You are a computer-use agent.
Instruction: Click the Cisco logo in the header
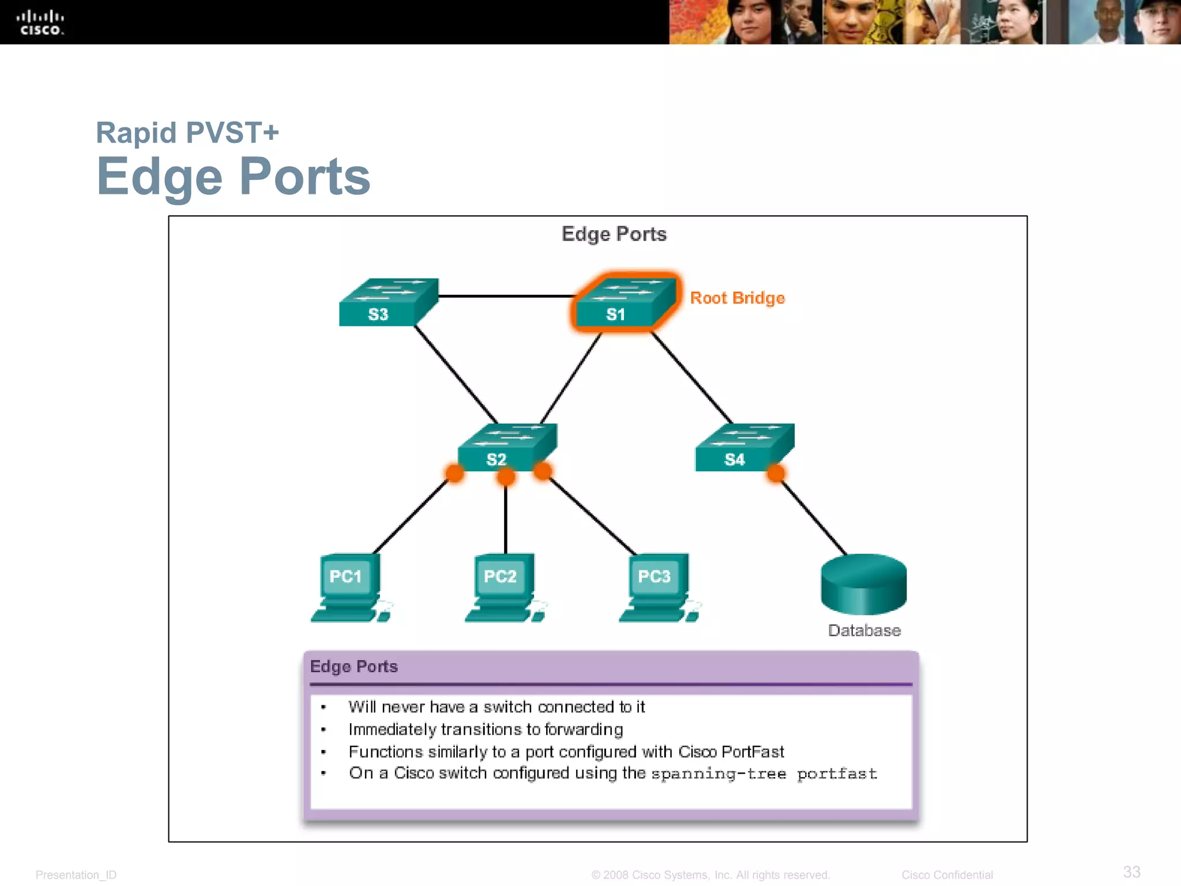[40, 22]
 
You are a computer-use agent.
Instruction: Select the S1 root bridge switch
[625, 303]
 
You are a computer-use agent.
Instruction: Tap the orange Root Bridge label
[737, 298]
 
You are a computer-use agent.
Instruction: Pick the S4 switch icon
[744, 448]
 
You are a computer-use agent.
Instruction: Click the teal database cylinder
[863, 584]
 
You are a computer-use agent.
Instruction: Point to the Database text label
[864, 630]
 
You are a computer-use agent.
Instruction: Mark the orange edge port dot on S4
[776, 474]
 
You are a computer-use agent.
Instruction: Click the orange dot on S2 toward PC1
[454, 474]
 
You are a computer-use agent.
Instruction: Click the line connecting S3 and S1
[505, 296]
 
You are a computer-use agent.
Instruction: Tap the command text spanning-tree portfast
[763, 774]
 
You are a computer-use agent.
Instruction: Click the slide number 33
[1131, 872]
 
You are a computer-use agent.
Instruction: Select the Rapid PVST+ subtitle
[187, 133]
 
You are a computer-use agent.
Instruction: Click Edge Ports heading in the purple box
[353, 667]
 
